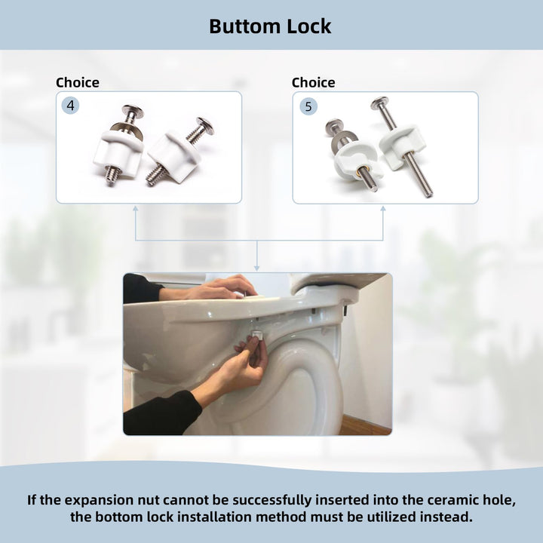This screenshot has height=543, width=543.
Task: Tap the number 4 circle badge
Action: pos(70,106)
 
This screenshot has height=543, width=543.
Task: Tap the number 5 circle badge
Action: pos(308,106)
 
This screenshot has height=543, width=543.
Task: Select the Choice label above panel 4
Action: pos(78,82)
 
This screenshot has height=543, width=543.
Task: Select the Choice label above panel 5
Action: pos(314,82)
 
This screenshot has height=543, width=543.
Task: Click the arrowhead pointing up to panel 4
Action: pos(136,209)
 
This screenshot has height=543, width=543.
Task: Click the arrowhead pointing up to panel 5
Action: pos(383,209)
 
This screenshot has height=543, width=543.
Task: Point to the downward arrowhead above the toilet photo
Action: pos(256,268)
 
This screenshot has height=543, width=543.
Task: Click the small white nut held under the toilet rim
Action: pos(256,334)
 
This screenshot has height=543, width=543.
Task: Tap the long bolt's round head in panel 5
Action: pos(379,103)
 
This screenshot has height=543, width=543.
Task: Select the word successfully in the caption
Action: pos(273,501)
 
